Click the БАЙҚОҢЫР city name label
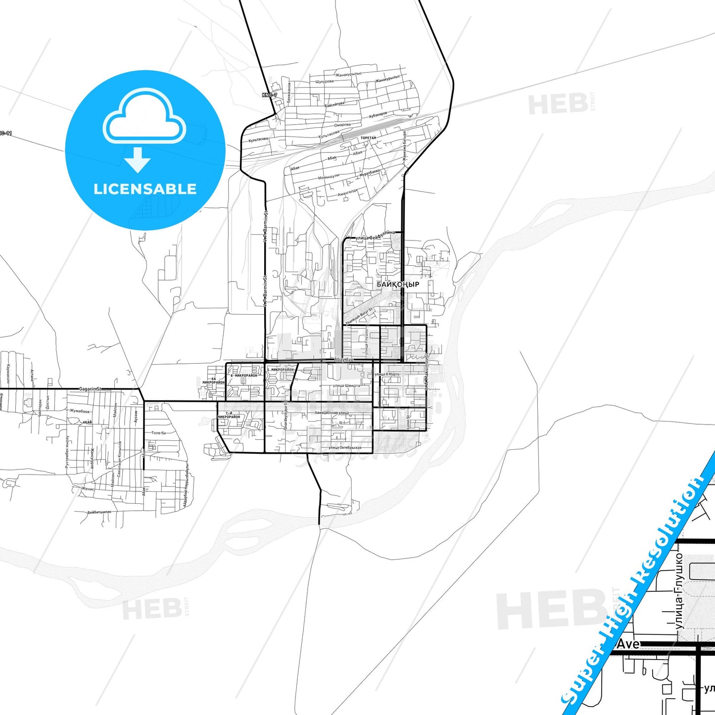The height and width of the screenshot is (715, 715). tap(398, 285)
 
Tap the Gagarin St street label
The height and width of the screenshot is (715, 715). tap(90, 389)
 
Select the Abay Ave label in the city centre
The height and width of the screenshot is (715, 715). tap(344, 360)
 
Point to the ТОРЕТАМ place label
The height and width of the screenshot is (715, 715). tap(369, 138)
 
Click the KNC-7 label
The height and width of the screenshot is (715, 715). tap(270, 95)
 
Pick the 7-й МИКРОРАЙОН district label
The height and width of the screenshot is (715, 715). tap(228, 415)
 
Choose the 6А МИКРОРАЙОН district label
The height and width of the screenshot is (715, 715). tap(213, 381)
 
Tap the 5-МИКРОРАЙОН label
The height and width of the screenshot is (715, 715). tap(280, 370)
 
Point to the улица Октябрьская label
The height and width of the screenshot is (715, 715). tap(344, 448)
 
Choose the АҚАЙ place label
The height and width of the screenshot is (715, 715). tap(87, 422)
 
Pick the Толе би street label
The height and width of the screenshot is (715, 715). tap(158, 433)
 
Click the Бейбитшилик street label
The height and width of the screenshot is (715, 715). tap(99, 512)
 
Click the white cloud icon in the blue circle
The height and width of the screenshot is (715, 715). tap(144, 116)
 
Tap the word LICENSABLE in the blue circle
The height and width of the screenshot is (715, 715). tap(145, 189)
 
